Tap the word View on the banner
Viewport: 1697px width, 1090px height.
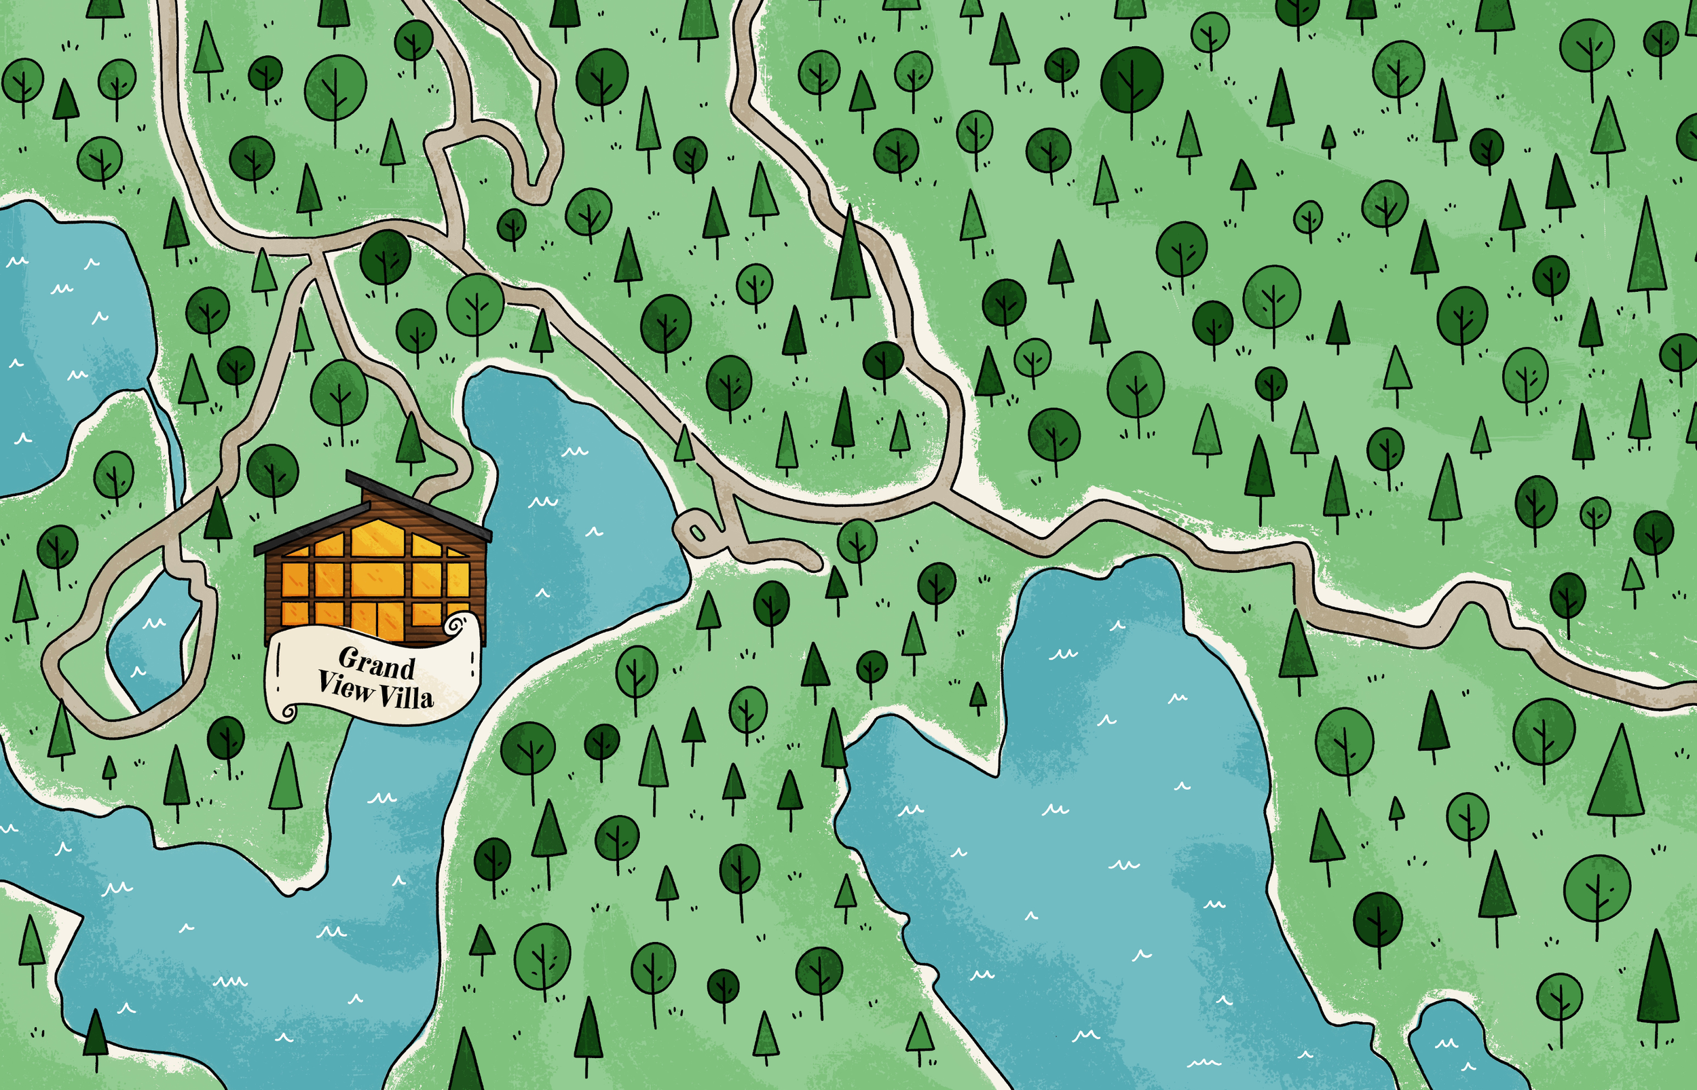345,685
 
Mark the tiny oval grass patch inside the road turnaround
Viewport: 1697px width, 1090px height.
697,531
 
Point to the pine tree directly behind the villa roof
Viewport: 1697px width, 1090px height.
411,439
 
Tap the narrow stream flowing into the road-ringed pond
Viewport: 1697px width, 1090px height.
170,439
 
